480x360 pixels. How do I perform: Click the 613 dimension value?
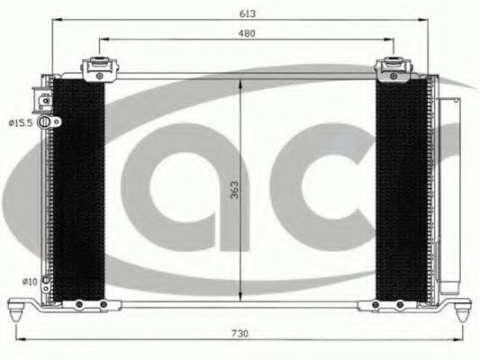(x=248, y=13)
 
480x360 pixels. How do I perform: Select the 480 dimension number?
(x=247, y=33)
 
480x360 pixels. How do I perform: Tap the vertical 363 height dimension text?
(x=234, y=190)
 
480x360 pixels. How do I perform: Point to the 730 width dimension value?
(x=240, y=333)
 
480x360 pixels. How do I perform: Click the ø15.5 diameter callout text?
(x=21, y=123)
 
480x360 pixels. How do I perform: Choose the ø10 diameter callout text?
(x=30, y=282)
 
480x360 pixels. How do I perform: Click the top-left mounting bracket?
(x=99, y=68)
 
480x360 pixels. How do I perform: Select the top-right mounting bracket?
(x=393, y=69)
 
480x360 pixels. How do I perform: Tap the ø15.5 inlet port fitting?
(x=49, y=121)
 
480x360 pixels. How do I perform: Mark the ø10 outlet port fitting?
(x=46, y=283)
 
